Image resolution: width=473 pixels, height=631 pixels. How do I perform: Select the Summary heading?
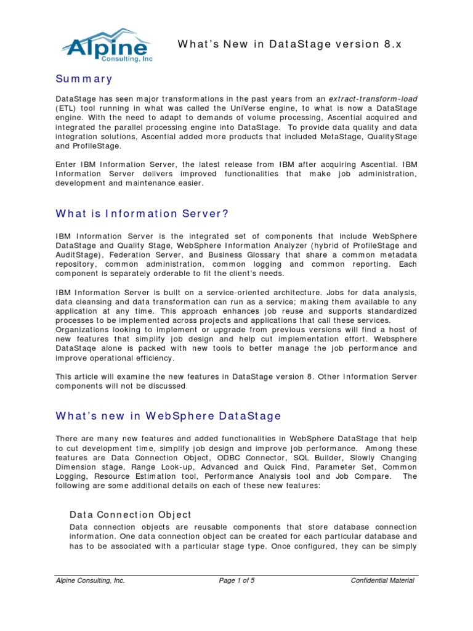tap(84, 79)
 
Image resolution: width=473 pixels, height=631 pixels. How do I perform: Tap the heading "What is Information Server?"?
tap(142, 213)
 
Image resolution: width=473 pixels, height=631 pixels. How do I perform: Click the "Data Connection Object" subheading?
tap(131, 514)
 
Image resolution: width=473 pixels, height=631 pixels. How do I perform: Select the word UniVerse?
tap(249, 108)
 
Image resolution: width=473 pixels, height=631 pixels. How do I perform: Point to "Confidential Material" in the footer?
tap(382, 580)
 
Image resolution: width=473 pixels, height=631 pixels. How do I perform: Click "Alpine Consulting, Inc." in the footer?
tap(90, 580)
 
